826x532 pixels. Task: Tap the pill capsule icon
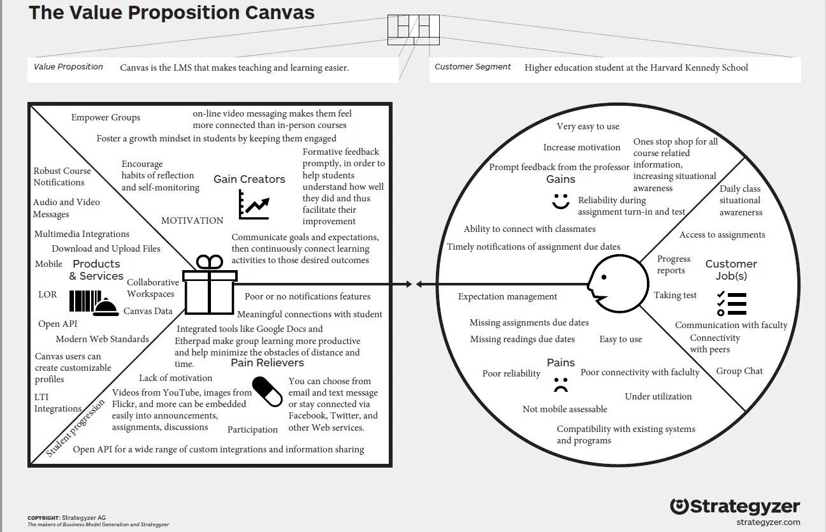(267, 391)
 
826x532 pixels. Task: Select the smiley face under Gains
(560, 201)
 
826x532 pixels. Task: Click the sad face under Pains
(560, 384)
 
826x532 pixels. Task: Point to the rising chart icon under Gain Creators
(253, 205)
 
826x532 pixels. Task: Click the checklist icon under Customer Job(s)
(731, 303)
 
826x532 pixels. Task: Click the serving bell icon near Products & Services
(106, 307)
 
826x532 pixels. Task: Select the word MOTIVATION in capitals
(192, 220)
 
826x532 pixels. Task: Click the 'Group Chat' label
(739, 371)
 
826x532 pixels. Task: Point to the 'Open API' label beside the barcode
(57, 324)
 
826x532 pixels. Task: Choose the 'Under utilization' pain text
(658, 396)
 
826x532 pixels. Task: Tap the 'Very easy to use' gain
(588, 126)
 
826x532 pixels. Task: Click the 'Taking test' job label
(675, 295)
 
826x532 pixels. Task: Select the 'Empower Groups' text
(106, 117)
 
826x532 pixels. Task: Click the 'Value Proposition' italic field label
(68, 67)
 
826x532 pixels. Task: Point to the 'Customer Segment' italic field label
(472, 67)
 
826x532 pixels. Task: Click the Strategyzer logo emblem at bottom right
(679, 507)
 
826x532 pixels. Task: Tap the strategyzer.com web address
(767, 522)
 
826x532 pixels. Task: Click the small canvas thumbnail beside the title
(414, 29)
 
